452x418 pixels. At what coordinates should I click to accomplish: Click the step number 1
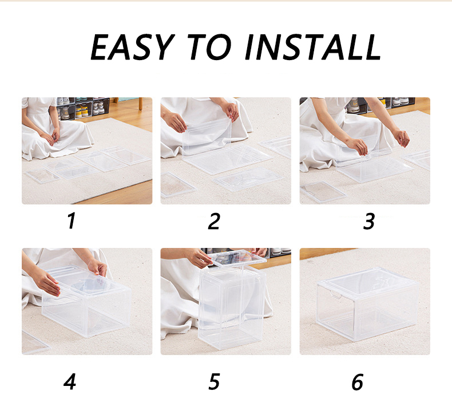click(71, 221)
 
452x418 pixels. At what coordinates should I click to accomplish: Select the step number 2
click(214, 221)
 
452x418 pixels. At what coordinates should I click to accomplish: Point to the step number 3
click(369, 221)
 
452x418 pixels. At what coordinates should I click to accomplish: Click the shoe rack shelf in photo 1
click(83, 108)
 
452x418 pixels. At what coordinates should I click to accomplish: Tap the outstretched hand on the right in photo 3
click(402, 137)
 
